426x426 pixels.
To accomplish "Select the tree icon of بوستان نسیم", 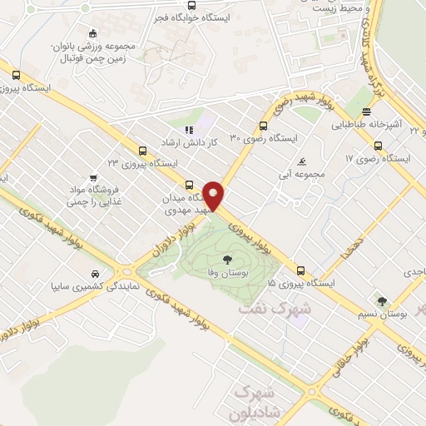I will coord(382,301).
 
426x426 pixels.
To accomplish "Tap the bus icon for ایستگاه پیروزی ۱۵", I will coord(300,270).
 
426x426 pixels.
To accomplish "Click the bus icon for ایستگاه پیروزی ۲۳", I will coord(143,151).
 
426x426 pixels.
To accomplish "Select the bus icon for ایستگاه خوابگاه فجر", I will coord(192,4).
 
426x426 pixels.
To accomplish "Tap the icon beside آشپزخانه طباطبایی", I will coord(366,112).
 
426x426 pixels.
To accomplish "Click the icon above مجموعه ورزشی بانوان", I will coord(92,33).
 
